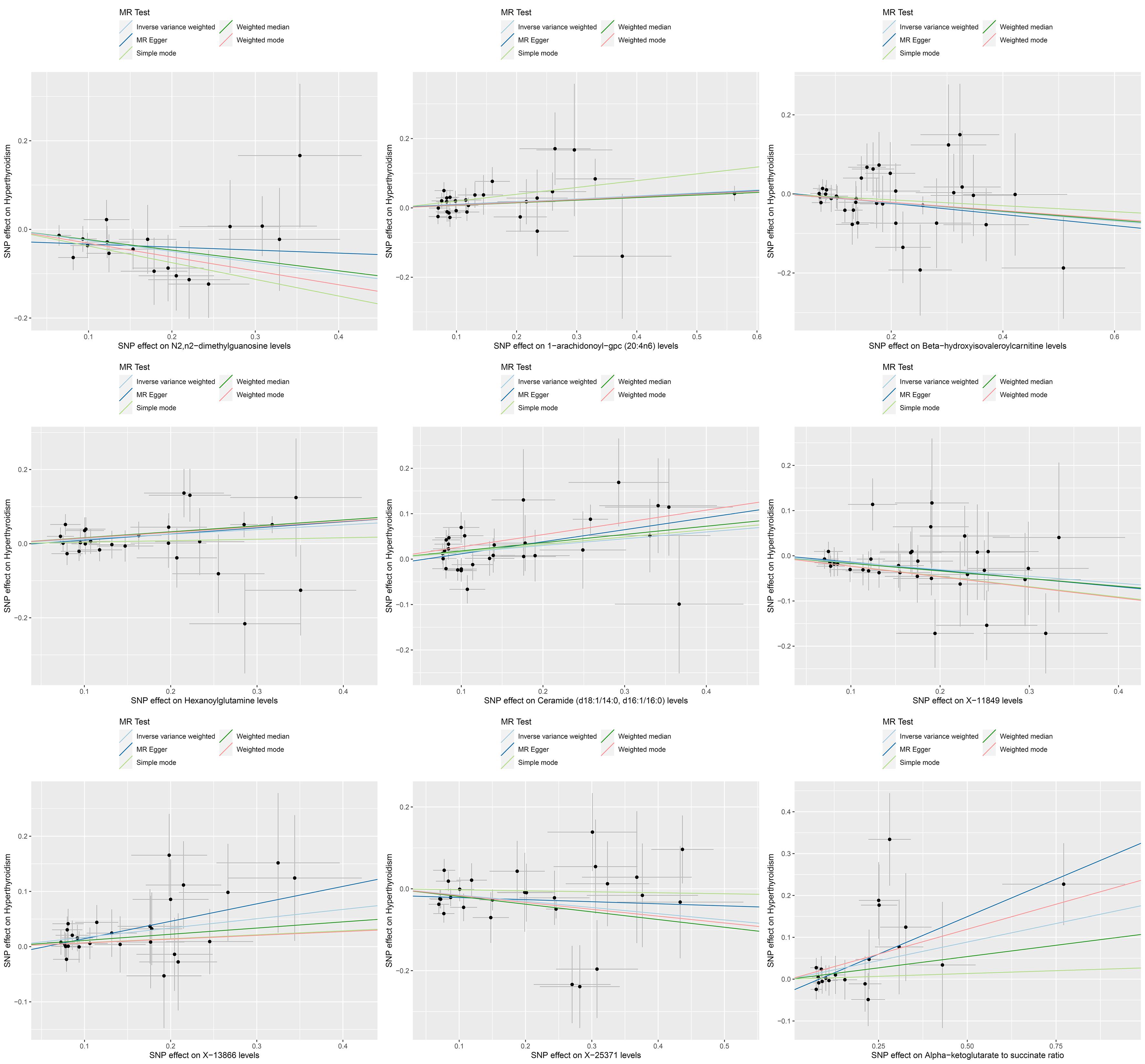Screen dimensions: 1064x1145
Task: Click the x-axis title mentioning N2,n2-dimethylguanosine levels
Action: (204, 346)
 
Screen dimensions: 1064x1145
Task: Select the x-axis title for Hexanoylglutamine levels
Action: (204, 701)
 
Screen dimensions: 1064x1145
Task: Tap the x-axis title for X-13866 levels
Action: (204, 1055)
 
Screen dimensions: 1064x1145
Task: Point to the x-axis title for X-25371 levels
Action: (586, 1055)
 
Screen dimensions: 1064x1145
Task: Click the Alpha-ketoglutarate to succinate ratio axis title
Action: (967, 1055)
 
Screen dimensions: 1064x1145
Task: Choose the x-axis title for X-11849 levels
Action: (967, 701)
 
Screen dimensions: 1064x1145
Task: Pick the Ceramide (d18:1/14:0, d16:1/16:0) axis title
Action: (586, 701)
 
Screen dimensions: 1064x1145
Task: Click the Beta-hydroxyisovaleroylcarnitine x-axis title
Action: (967, 346)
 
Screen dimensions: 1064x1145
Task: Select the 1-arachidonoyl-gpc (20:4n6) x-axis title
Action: (586, 346)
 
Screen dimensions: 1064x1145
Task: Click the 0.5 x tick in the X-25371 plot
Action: (725, 1045)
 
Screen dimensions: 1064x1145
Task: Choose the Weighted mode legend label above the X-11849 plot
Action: (1023, 395)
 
